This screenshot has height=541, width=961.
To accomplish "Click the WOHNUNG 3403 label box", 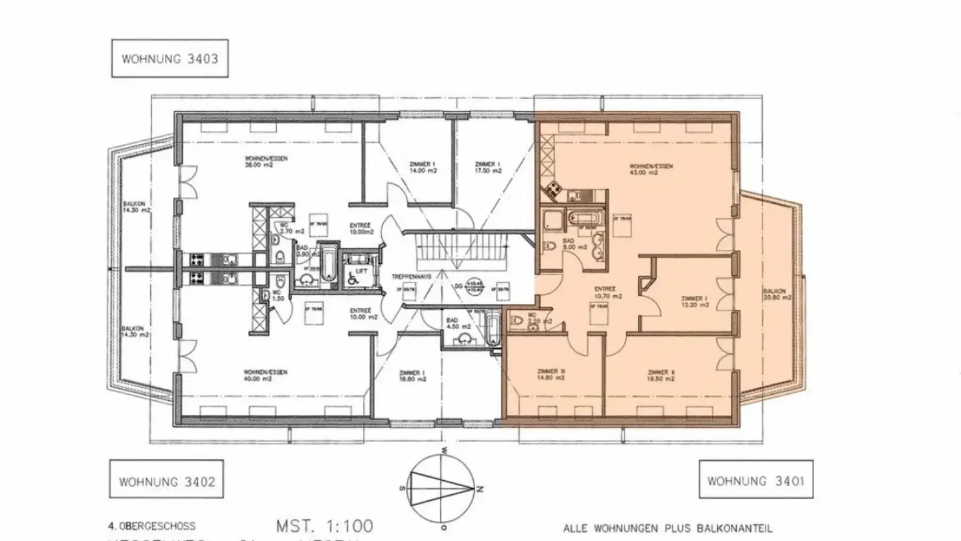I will (x=170, y=58).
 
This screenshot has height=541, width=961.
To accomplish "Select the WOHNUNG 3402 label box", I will (x=167, y=481).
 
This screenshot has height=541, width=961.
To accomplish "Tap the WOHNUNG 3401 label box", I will (x=755, y=480).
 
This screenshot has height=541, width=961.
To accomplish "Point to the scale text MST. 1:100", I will (x=325, y=525).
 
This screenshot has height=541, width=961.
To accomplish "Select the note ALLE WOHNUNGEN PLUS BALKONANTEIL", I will (x=668, y=528).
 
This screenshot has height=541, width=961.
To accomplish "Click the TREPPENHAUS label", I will (x=411, y=276).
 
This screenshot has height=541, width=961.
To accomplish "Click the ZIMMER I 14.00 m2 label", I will (x=422, y=167).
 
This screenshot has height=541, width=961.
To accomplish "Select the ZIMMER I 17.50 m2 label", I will (x=489, y=167).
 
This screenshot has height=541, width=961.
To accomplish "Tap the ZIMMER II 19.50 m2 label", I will (x=661, y=375).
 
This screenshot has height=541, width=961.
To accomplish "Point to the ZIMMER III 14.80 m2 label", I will (x=551, y=375).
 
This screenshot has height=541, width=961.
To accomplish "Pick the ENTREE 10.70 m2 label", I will (x=608, y=293).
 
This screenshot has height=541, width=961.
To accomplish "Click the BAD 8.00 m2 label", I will (x=574, y=244).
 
